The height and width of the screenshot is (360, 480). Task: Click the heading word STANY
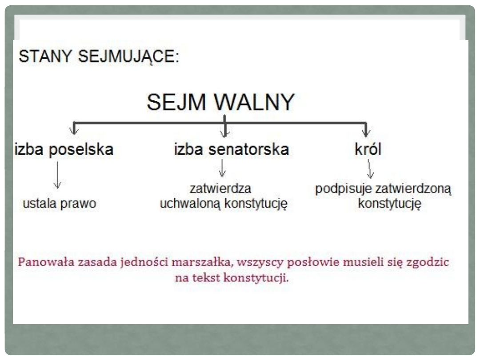coord(45,56)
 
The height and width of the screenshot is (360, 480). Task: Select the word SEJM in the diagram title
coord(176,102)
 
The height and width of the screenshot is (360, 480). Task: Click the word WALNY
coord(254,102)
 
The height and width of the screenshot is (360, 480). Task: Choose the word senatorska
coord(248,149)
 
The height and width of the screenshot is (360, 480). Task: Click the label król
coord(368,149)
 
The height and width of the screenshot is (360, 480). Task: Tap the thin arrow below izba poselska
coord(57,175)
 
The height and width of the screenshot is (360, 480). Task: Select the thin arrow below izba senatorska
coord(223,168)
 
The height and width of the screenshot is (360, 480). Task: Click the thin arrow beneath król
coord(369,169)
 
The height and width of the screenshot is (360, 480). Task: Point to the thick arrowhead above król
coord(366,131)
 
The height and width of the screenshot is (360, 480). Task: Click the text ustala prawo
coord(60,204)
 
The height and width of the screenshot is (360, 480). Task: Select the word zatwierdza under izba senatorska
coord(220,188)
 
